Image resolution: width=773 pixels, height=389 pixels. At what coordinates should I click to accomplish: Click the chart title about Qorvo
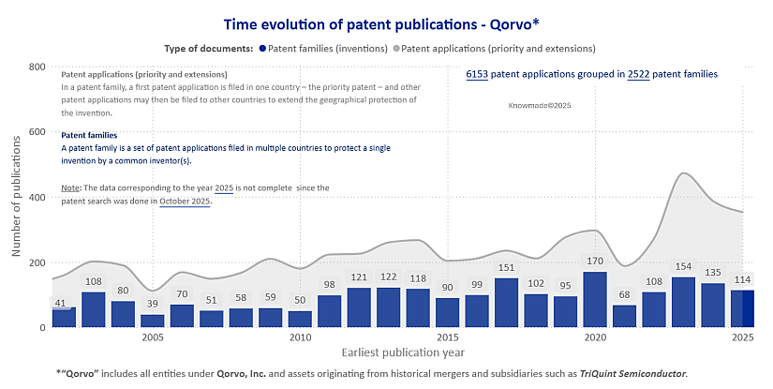click(x=386, y=23)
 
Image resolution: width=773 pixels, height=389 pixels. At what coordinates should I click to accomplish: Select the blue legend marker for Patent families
click(x=263, y=48)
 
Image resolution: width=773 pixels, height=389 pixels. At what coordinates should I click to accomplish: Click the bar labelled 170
click(x=595, y=300)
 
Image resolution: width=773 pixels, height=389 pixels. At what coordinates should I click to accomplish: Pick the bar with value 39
click(x=152, y=321)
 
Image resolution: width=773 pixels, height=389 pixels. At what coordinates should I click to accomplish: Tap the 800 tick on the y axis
click(x=37, y=67)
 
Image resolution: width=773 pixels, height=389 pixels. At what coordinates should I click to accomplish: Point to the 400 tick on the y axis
click(x=37, y=198)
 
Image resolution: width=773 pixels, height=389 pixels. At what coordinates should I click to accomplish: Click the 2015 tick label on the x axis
click(x=448, y=337)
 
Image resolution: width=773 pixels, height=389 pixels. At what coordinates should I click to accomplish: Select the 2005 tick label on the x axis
click(x=153, y=337)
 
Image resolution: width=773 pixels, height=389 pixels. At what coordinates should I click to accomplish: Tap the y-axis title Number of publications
click(x=16, y=198)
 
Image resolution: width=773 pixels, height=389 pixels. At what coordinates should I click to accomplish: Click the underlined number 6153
click(x=477, y=73)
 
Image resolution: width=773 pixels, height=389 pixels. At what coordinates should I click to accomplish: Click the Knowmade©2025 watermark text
click(x=539, y=107)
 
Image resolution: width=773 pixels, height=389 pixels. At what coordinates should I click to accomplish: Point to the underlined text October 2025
click(x=185, y=202)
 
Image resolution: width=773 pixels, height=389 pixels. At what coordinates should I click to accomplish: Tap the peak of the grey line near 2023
click(x=685, y=173)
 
